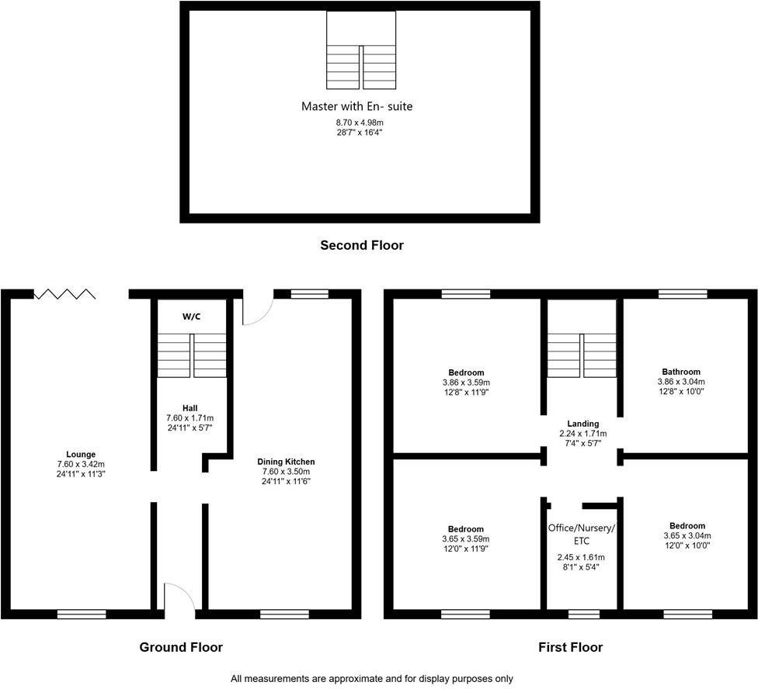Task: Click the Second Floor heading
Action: point(362,245)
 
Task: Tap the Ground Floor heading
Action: point(181,647)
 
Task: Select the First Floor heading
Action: point(571,647)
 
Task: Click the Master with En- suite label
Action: point(356,106)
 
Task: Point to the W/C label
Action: point(192,317)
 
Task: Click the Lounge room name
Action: point(81,454)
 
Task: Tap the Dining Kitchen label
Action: point(286,462)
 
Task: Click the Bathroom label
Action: point(681,372)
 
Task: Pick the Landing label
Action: point(582,424)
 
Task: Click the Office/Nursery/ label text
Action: point(582,528)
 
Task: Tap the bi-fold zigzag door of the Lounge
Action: point(65,294)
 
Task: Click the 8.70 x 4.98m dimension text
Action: point(356,123)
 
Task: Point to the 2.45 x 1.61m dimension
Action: point(582,557)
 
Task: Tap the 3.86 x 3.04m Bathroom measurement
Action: point(681,382)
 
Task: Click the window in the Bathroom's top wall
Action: point(683,294)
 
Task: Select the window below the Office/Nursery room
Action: point(583,615)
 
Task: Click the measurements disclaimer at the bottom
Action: point(372,678)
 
